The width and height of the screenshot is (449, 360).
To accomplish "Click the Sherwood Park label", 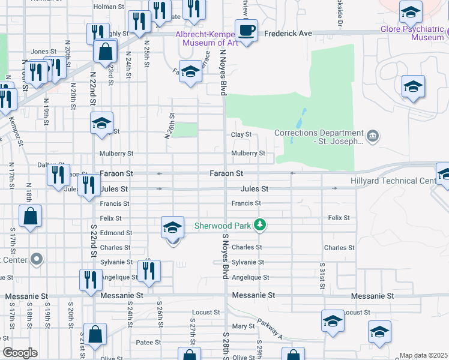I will click(222, 226).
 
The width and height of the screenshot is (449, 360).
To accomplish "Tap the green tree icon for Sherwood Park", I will click(259, 226).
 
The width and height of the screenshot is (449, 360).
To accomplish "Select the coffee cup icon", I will click(246, 29).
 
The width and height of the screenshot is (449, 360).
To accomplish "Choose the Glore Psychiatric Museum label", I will click(411, 33).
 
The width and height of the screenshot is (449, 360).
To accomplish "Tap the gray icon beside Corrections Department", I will click(373, 134).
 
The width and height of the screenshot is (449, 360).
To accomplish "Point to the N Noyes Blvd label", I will click(223, 72).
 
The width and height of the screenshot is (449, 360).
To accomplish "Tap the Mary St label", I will click(244, 326).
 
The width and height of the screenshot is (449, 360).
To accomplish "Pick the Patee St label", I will click(149, 343).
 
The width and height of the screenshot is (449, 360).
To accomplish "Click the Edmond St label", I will click(116, 233).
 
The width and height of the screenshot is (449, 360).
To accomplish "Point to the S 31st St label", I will click(322, 276).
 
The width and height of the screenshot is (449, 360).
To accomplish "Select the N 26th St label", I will click(170, 126).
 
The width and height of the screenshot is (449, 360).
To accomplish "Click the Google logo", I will click(20, 353).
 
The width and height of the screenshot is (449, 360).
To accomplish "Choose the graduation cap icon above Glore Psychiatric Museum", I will click(411, 12).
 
